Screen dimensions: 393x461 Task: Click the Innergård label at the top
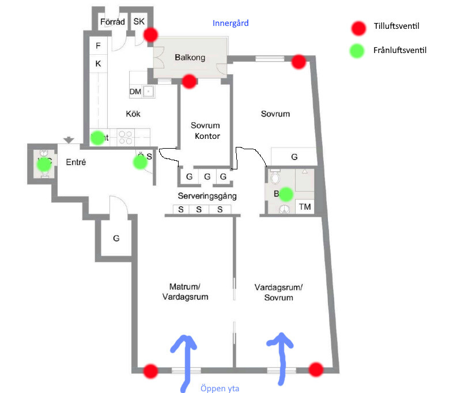tap(230, 24)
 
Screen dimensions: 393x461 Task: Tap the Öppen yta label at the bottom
tap(220, 388)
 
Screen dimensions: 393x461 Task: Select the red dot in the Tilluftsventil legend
tap(360, 27)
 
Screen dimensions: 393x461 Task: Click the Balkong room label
tap(190, 57)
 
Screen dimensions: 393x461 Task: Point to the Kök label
tap(133, 114)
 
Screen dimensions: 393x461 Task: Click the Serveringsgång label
tap(199, 196)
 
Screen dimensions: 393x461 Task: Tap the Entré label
tap(76, 163)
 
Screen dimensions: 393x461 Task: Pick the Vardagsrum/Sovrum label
tap(278, 292)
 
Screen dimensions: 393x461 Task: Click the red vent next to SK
tap(150, 35)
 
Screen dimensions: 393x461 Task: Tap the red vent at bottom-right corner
tap(316, 369)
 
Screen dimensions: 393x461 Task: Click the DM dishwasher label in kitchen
tap(135, 92)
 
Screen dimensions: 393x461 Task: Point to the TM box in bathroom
tap(305, 207)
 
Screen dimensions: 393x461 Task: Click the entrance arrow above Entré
tap(69, 140)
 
